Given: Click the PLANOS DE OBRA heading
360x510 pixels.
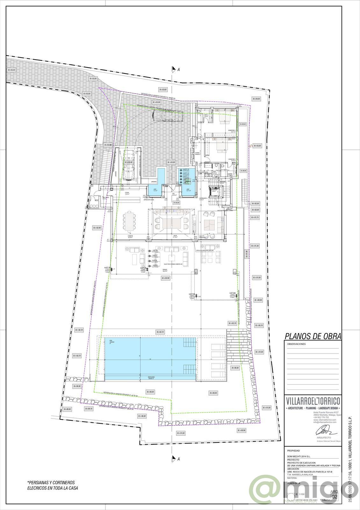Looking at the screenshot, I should coord(312,336).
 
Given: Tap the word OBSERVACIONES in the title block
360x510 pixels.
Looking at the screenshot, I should coord(296,344).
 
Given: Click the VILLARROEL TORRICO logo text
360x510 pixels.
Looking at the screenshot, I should coord(313,400).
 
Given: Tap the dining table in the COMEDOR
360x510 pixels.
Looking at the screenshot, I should coord(130,222).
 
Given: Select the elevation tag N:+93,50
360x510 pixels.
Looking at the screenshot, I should coord(11,70).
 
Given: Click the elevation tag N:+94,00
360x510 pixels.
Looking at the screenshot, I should coord(256,99).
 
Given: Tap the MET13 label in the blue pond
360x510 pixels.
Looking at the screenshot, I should coord(186,169).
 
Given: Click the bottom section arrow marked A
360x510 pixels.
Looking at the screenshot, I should coord(174,459).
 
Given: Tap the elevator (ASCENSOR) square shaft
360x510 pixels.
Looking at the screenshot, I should coord(214,192).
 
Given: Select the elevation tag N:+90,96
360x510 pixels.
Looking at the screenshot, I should coord(241,430).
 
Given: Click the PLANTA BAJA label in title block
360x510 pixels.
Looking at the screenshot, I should coord(295,484).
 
